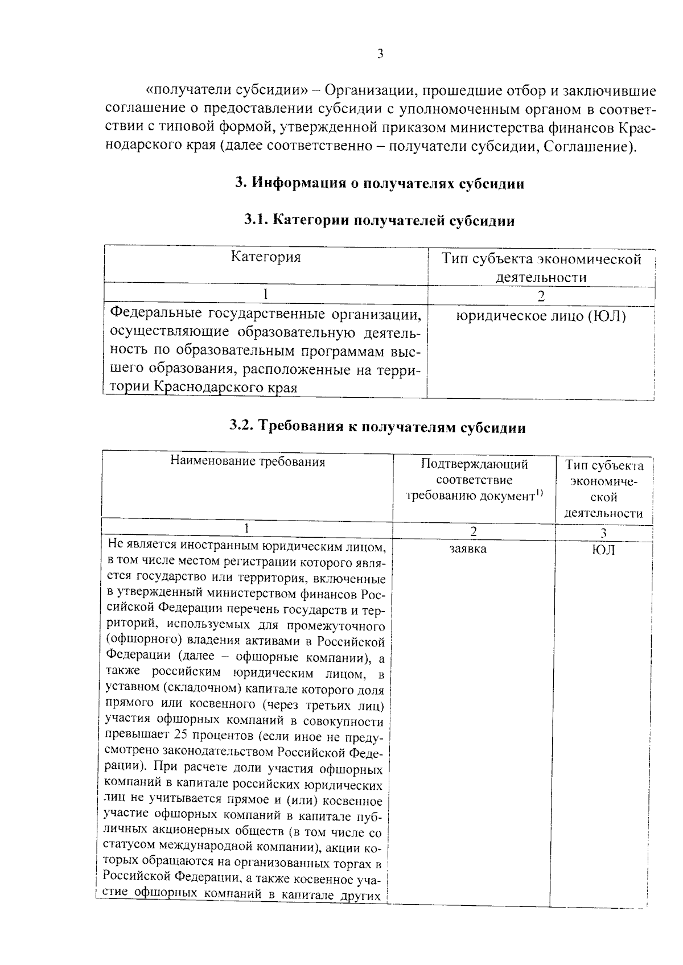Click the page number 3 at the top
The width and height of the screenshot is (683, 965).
(x=380, y=54)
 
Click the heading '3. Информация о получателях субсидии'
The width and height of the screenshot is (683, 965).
(x=380, y=184)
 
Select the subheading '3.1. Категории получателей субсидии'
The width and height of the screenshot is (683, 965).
(x=380, y=221)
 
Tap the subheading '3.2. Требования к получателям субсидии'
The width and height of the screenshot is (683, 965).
(x=378, y=427)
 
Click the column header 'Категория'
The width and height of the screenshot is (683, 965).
(x=266, y=257)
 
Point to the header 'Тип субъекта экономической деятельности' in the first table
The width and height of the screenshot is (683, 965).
(x=541, y=268)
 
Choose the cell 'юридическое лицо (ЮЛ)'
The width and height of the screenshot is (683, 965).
(x=541, y=316)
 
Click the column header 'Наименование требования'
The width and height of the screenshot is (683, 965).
(x=248, y=461)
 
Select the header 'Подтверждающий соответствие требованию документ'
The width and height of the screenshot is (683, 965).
(x=474, y=480)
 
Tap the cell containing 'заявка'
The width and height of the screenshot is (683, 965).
(x=468, y=549)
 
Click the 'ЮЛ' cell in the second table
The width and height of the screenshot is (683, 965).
(x=604, y=550)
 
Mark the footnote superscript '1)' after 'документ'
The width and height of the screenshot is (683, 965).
(x=539, y=493)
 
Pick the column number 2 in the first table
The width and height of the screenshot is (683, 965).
(x=541, y=296)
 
